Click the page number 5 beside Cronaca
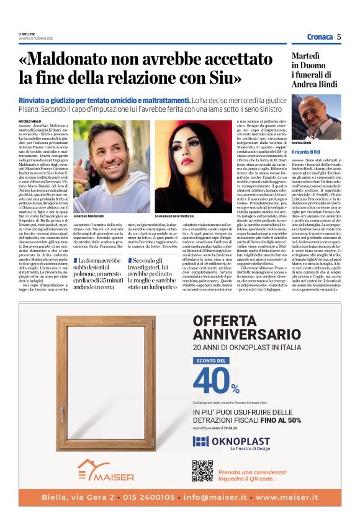(339, 37)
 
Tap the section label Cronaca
(320, 37)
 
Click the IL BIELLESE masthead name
(27, 34)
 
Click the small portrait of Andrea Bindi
(325, 117)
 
